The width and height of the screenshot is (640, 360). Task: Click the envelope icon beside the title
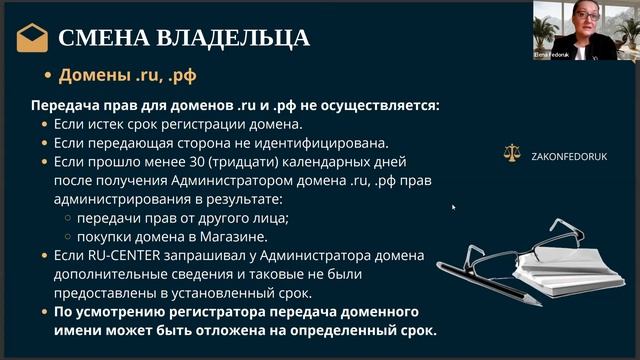[32, 38]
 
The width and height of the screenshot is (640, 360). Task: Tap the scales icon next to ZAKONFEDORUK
[515, 155]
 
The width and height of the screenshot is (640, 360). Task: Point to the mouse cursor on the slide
[453, 207]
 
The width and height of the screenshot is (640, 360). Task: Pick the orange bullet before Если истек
[43, 125]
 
